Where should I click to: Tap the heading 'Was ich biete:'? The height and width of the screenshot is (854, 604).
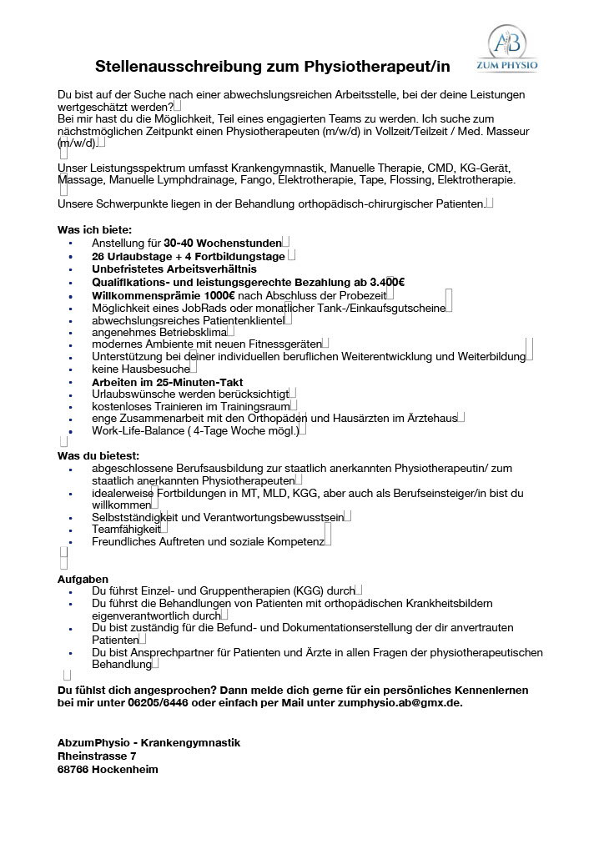pyautogui.click(x=94, y=229)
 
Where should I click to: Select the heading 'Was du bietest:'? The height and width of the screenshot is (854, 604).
pyautogui.click(x=98, y=455)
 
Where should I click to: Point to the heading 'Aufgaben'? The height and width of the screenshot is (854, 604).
pyautogui.click(x=83, y=578)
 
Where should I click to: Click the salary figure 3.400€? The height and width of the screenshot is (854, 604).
pyautogui.click(x=385, y=282)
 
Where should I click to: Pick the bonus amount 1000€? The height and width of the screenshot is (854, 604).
pyautogui.click(x=219, y=295)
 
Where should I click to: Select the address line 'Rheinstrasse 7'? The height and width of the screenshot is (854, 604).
pyautogui.click(x=97, y=756)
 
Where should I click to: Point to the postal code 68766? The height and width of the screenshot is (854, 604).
pyautogui.click(x=73, y=769)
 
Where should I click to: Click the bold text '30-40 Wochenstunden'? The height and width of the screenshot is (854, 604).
pyautogui.click(x=223, y=243)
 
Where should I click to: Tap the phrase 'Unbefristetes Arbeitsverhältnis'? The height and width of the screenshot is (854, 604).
pyautogui.click(x=174, y=269)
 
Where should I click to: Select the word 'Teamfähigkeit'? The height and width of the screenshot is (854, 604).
pyautogui.click(x=126, y=530)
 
